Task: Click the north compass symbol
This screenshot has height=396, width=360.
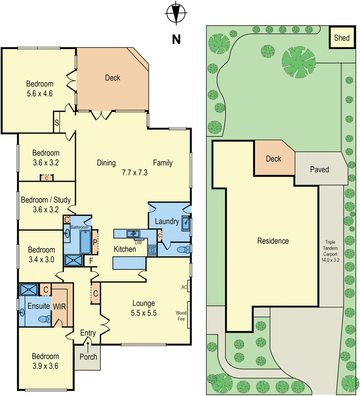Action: point(175,14)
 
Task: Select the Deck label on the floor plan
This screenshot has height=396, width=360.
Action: point(112,78)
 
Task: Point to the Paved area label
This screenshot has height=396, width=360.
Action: point(319,170)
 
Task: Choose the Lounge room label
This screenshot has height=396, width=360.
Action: point(144,303)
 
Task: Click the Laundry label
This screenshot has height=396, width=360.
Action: point(166,222)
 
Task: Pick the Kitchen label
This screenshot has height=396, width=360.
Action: point(125,249)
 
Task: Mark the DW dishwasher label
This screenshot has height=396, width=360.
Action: point(138,242)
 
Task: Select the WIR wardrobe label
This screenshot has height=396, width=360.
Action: point(59,306)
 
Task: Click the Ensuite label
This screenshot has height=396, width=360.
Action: point(38,306)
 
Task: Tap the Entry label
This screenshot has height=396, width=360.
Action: point(88,333)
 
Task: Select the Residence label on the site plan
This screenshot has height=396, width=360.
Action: point(273,241)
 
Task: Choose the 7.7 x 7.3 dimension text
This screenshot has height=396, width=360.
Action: point(135,173)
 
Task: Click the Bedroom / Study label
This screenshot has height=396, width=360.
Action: point(46,200)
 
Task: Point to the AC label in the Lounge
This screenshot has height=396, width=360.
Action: point(184,287)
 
